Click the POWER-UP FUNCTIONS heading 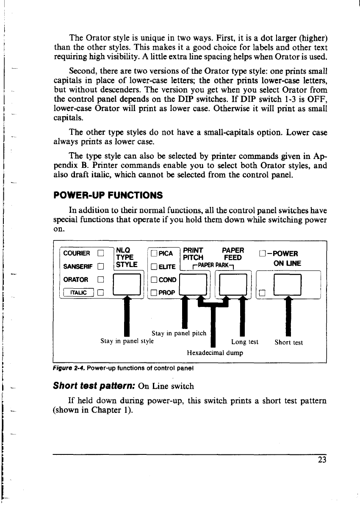pyautogui.click(x=108, y=195)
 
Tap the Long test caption pyautogui.click(x=245, y=342)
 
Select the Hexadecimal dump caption pyautogui.click(x=215, y=352)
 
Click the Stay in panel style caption pyautogui.click(x=127, y=341)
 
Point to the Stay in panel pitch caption pyautogui.click(x=179, y=333)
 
